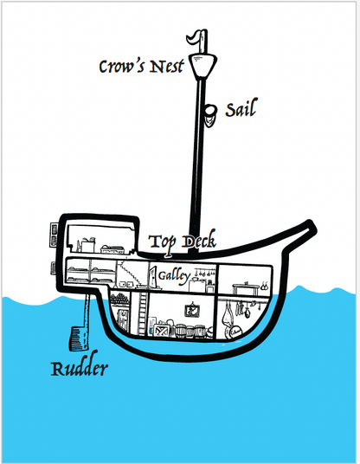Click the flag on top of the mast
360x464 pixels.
pos(194,38)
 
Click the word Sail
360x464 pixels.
pos(241,108)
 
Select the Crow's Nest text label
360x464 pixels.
pos(141,67)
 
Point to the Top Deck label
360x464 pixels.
pos(183,242)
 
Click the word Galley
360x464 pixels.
pos(174,276)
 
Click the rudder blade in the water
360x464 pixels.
pos(79,338)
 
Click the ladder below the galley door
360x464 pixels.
pos(142,313)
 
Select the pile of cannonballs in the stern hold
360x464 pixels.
pos(119,298)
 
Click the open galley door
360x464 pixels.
pos(153,277)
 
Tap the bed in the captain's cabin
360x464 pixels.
pos(112,249)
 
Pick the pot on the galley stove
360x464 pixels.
pos(196,278)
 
